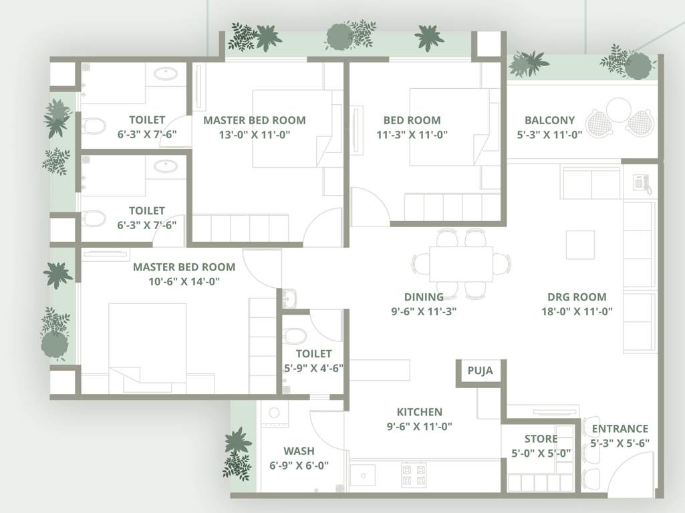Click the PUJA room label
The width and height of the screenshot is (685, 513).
click(480, 371)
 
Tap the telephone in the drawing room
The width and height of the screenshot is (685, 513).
click(642, 182)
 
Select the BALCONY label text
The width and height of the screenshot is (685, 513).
click(549, 120)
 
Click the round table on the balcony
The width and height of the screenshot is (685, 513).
click(619, 110)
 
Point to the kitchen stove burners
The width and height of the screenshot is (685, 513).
click(412, 474)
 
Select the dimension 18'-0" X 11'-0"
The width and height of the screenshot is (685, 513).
click(577, 311)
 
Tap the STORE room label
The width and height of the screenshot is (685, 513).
click(541, 439)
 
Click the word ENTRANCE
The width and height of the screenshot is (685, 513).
click(620, 429)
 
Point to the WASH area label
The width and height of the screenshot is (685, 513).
click(299, 451)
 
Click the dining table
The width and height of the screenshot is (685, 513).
click(460, 264)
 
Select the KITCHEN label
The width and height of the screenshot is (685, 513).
click(419, 412)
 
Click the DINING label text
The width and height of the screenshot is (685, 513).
click(424, 297)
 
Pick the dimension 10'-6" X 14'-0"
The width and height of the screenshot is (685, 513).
click(184, 281)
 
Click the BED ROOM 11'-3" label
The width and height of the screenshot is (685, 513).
click(412, 120)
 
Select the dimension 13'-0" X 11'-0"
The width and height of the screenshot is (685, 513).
click(254, 134)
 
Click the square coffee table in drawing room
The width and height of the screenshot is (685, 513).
click(580, 244)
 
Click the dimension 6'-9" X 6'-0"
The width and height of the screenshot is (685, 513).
click(299, 465)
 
